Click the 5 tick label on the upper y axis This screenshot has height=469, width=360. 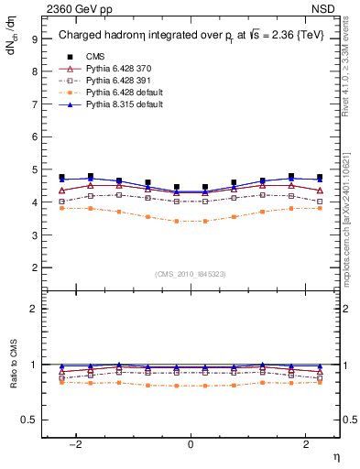pyautogui.click(x=33, y=169)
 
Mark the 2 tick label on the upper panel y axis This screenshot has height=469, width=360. pyautogui.click(x=33, y=267)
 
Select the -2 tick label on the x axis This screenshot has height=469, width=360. pyautogui.click(x=78, y=443)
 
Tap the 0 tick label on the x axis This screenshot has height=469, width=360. pyautogui.click(x=191, y=443)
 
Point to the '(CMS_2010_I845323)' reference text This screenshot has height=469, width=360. pyautogui.click(x=191, y=274)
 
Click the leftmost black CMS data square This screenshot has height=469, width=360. pyautogui.click(x=62, y=177)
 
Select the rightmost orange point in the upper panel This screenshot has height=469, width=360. pyautogui.click(x=320, y=208)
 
